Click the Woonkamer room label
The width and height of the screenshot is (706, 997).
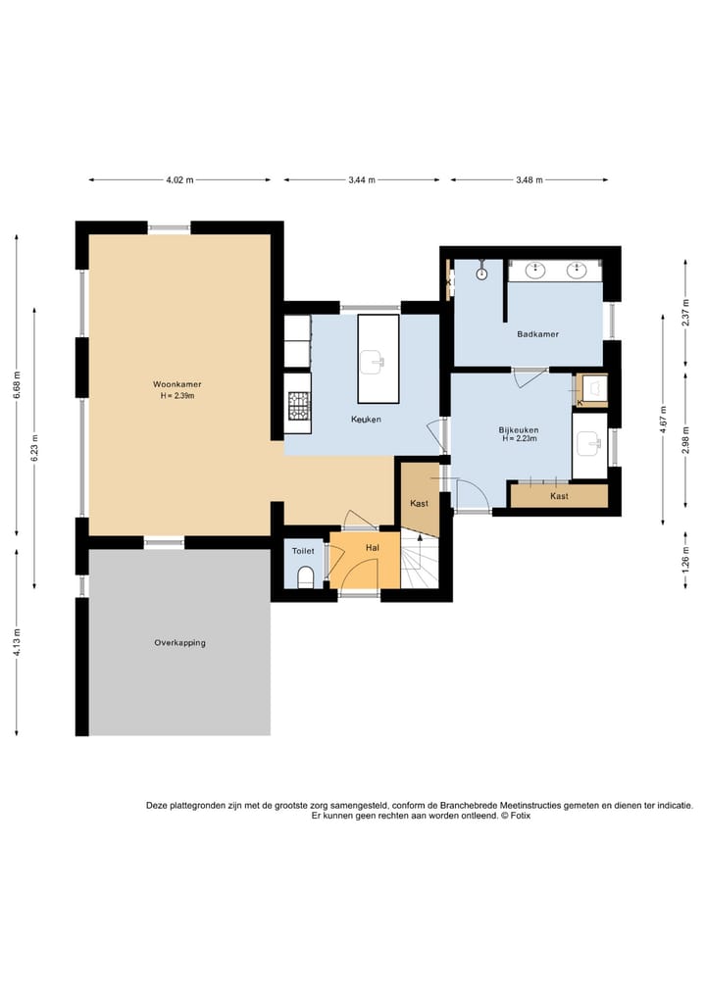pyautogui.click(x=176, y=384)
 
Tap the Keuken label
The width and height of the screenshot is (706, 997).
pyautogui.click(x=367, y=420)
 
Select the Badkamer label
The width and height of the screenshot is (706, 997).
pyautogui.click(x=538, y=334)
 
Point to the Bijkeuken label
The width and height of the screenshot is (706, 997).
pyautogui.click(x=519, y=429)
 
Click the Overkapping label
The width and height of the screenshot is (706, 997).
pyautogui.click(x=180, y=643)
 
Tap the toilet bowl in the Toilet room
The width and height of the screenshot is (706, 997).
pyautogui.click(x=307, y=577)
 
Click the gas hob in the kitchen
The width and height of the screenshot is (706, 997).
pyautogui.click(x=298, y=405)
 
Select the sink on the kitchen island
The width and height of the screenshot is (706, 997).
pyautogui.click(x=373, y=363)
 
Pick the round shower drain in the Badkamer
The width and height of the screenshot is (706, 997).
pyautogui.click(x=482, y=274)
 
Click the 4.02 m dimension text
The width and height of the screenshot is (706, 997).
pyautogui.click(x=179, y=180)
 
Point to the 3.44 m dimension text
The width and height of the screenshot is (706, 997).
pyautogui.click(x=362, y=180)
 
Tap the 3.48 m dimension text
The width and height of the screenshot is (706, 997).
pyautogui.click(x=529, y=180)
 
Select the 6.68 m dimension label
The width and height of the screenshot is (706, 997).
pyautogui.click(x=17, y=384)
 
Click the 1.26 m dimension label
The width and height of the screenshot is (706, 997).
pyautogui.click(x=685, y=559)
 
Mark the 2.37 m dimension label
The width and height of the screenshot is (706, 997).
pyautogui.click(x=685, y=313)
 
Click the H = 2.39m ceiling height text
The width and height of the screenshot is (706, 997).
pyautogui.click(x=177, y=395)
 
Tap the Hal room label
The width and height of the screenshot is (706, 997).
pyautogui.click(x=373, y=547)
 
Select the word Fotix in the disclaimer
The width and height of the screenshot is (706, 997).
pyautogui.click(x=520, y=816)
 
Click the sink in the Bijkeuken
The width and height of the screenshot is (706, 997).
pyautogui.click(x=589, y=444)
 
